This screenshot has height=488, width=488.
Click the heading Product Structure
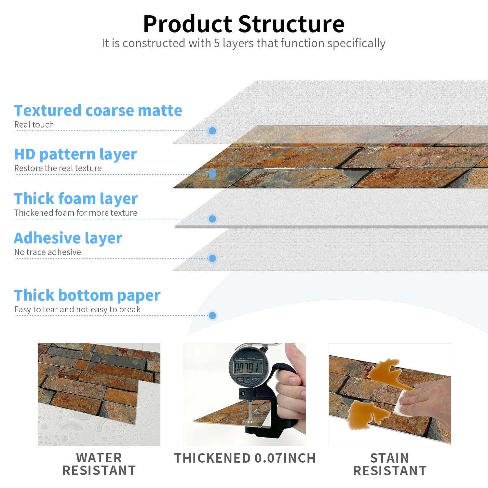[244, 24]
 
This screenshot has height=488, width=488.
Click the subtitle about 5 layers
[243, 43]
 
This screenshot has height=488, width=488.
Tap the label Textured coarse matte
[98, 111]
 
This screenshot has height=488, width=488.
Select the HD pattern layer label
[75, 154]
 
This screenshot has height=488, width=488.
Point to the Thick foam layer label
[76, 199]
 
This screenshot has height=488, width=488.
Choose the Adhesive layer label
[68, 238]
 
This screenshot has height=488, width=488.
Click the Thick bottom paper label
[87, 295]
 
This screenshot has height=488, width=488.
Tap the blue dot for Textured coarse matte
[212, 131]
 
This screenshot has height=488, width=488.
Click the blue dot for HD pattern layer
[212, 174]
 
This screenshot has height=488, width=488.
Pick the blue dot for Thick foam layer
[212, 219]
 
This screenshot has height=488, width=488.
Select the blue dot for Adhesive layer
[212, 258]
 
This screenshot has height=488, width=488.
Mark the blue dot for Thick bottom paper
[212, 316]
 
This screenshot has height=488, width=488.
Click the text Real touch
[34, 125]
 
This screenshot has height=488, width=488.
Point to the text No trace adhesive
[47, 252]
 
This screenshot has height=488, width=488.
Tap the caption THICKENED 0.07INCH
[245, 458]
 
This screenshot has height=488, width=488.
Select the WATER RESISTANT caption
[99, 464]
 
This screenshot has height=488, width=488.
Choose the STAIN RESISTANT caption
[390, 464]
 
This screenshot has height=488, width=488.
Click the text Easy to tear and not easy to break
[77, 309]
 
